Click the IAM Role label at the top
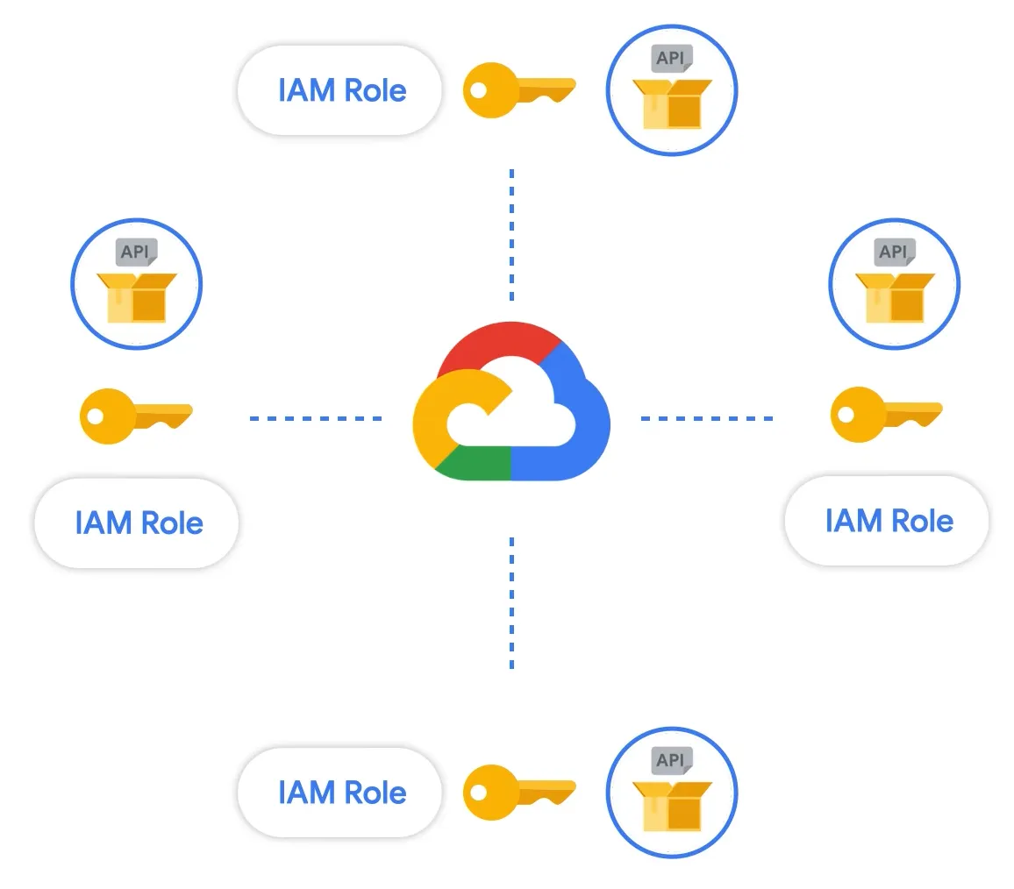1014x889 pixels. [340, 90]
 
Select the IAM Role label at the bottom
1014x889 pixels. [340, 793]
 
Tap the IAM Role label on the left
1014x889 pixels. [138, 523]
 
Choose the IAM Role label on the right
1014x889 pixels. [888, 521]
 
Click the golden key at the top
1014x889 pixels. [518, 90]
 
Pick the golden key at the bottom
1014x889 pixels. [518, 791]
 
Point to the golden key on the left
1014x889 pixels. [134, 416]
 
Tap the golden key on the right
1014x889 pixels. [884, 414]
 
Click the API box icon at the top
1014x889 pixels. [672, 91]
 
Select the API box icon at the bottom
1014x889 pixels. [672, 793]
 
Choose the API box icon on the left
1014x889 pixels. [136, 284]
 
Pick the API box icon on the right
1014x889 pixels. [894, 284]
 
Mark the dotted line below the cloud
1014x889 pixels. [511, 603]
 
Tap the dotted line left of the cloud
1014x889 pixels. [316, 418]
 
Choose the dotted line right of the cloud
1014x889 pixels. [706, 418]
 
